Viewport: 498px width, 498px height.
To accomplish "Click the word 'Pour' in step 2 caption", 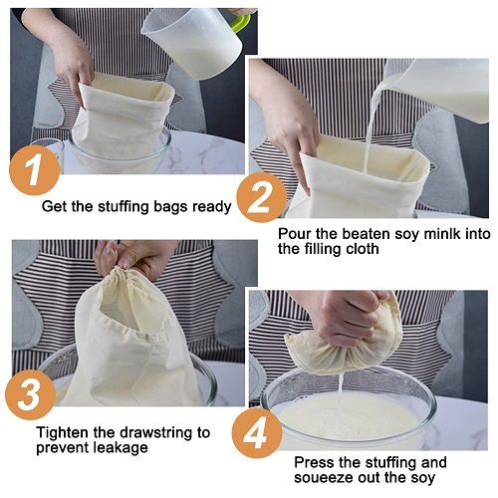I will (296, 233).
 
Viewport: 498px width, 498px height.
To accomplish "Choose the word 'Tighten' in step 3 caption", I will (63, 433).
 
